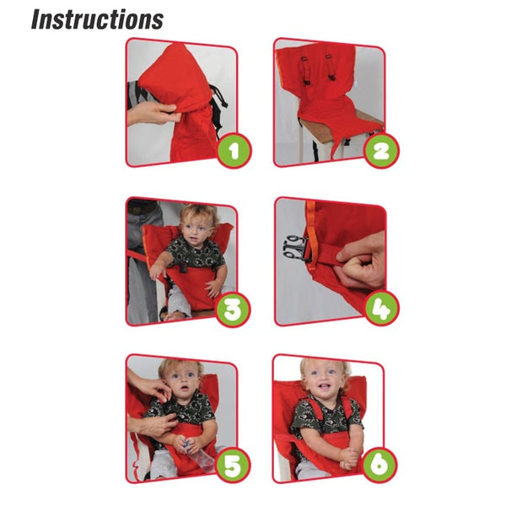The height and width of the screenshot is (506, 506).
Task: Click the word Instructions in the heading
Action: tap(97, 19)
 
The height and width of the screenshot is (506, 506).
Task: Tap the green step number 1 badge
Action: tap(234, 151)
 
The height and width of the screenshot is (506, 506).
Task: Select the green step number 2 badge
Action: tap(381, 151)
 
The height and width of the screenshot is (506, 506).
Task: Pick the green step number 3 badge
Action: tap(233, 310)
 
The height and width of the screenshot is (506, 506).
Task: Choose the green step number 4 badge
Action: tap(382, 309)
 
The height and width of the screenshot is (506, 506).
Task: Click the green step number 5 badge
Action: tap(233, 466)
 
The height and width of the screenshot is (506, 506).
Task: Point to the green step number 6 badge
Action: tap(379, 466)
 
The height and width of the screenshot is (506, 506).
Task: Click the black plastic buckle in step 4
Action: tap(295, 247)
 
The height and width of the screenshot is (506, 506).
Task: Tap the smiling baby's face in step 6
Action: tap(323, 379)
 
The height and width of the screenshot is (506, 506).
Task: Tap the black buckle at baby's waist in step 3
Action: tap(184, 267)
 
